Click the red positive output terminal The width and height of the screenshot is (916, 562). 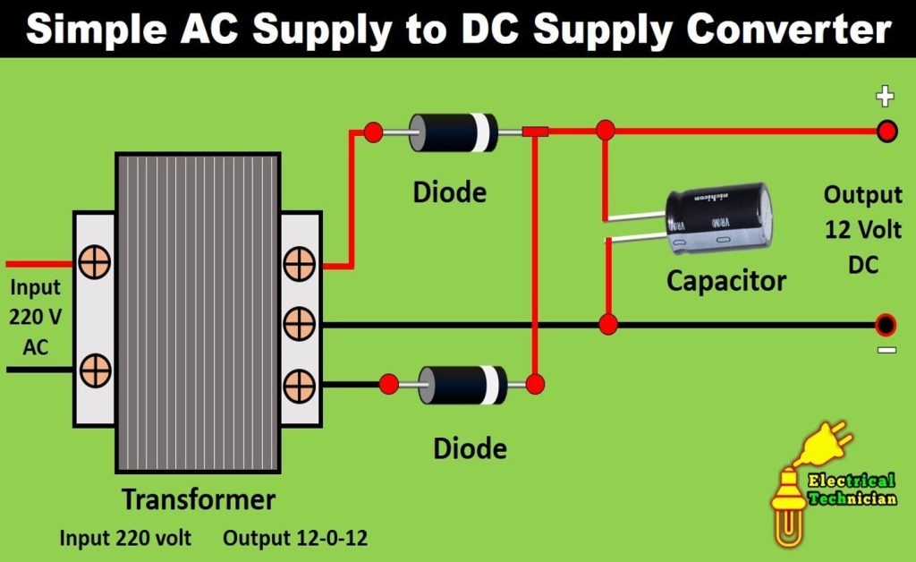coord(886,132)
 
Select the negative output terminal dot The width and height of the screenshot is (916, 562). coord(886,324)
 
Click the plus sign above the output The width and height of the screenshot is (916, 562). coord(885,96)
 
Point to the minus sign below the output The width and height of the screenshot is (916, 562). coord(886,350)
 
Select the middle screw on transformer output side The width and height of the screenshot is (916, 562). coord(298,323)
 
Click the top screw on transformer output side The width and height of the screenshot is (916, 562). coord(298,264)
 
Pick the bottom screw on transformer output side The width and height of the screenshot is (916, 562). coord(298,385)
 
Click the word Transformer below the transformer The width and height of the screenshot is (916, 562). coord(199,498)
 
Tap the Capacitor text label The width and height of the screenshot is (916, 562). coord(726,281)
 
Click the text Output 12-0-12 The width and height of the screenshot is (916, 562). coord(295,539)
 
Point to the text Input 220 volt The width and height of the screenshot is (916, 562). coord(125,539)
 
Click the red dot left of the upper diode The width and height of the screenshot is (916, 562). coord(374,132)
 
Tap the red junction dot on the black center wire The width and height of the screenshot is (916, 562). coord(609,324)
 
